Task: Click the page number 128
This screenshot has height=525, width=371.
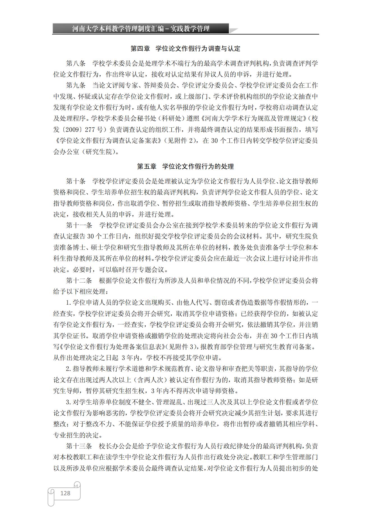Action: (65, 493)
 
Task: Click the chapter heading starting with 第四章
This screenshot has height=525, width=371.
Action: (185, 49)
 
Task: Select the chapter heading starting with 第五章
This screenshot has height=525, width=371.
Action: (185, 166)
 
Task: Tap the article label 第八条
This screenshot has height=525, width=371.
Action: (76, 63)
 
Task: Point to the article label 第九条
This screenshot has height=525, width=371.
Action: (76, 86)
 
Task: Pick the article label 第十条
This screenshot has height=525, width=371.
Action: (76, 181)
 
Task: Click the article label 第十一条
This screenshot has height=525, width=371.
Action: (79, 225)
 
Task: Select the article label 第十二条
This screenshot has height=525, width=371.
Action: (79, 281)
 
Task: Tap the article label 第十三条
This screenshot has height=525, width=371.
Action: (79, 446)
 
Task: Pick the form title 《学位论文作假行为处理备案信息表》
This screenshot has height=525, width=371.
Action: (112, 347)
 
